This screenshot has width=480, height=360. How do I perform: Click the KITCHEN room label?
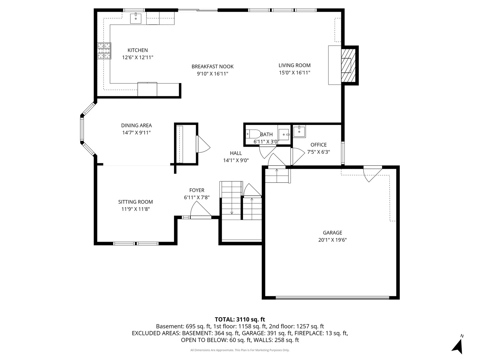137,50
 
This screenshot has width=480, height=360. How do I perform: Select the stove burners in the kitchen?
104,51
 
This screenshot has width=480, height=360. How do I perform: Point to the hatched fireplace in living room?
348,65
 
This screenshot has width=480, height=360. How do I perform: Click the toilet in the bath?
253,134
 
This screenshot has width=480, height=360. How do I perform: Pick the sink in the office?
300,131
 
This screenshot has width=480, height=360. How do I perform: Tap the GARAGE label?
332,233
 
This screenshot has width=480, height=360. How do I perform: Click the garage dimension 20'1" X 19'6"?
332,240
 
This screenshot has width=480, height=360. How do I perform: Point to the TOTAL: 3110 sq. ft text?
240,319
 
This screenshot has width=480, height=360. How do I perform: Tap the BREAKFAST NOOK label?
212,66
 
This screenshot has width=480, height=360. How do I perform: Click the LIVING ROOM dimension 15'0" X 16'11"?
294,73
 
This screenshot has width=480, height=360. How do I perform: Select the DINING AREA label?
136,125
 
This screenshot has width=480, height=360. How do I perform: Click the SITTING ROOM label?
135,202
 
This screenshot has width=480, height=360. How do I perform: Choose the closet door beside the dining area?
203,144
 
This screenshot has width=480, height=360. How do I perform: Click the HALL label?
236,153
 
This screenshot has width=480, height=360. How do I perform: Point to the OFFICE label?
318,145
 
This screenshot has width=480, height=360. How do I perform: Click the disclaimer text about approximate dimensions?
240,350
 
